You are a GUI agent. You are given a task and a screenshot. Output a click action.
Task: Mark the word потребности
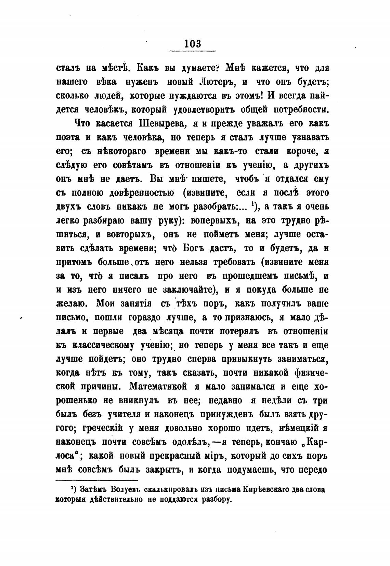tap(296, 110)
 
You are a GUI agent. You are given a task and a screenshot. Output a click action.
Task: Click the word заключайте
tap(185, 290)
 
